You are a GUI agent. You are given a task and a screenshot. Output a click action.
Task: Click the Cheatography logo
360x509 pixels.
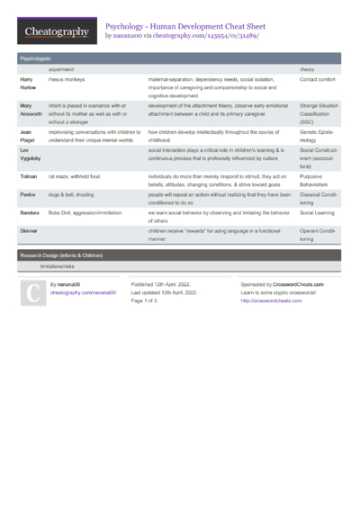(55, 31)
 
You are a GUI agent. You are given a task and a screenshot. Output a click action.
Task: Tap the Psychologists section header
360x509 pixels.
(35, 58)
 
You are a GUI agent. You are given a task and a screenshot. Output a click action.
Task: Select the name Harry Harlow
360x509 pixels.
(28, 84)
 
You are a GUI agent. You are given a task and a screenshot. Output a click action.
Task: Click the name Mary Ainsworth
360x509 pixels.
(31, 110)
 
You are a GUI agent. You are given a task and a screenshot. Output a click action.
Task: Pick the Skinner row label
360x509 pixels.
(30, 231)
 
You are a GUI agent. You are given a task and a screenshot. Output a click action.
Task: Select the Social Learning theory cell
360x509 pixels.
(318, 213)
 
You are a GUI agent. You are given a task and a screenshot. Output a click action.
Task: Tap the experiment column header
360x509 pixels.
(61, 69)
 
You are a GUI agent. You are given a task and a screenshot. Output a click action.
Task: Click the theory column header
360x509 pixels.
(307, 69)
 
